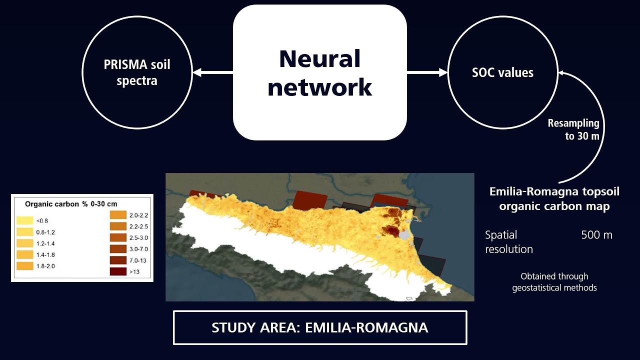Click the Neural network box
pyautogui.click(x=320, y=72)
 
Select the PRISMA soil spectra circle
pyautogui.click(x=137, y=73)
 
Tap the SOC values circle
pyautogui.click(x=502, y=73)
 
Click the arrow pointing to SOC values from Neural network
pyautogui.click(x=427, y=73)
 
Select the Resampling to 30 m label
pyautogui.click(x=573, y=129)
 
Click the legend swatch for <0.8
pyautogui.click(x=24, y=220)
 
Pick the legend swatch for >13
pyautogui.click(x=118, y=271)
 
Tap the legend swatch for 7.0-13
pyautogui.click(x=118, y=260)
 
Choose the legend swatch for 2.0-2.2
pyautogui.click(x=118, y=215)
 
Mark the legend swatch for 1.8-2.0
pyautogui.click(x=24, y=266)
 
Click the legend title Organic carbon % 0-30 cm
pyautogui.click(x=71, y=204)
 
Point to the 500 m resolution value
pyautogui.click(x=596, y=235)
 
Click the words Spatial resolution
pyautogui.click(x=509, y=242)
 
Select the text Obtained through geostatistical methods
pyautogui.click(x=554, y=282)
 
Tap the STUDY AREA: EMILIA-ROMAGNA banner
pyautogui.click(x=320, y=328)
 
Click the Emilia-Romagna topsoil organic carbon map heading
pyautogui.click(x=554, y=199)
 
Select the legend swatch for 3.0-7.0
pyautogui.click(x=118, y=249)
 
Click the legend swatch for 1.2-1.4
pyautogui.click(x=24, y=243)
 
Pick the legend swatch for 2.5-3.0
pyautogui.click(x=118, y=237)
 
